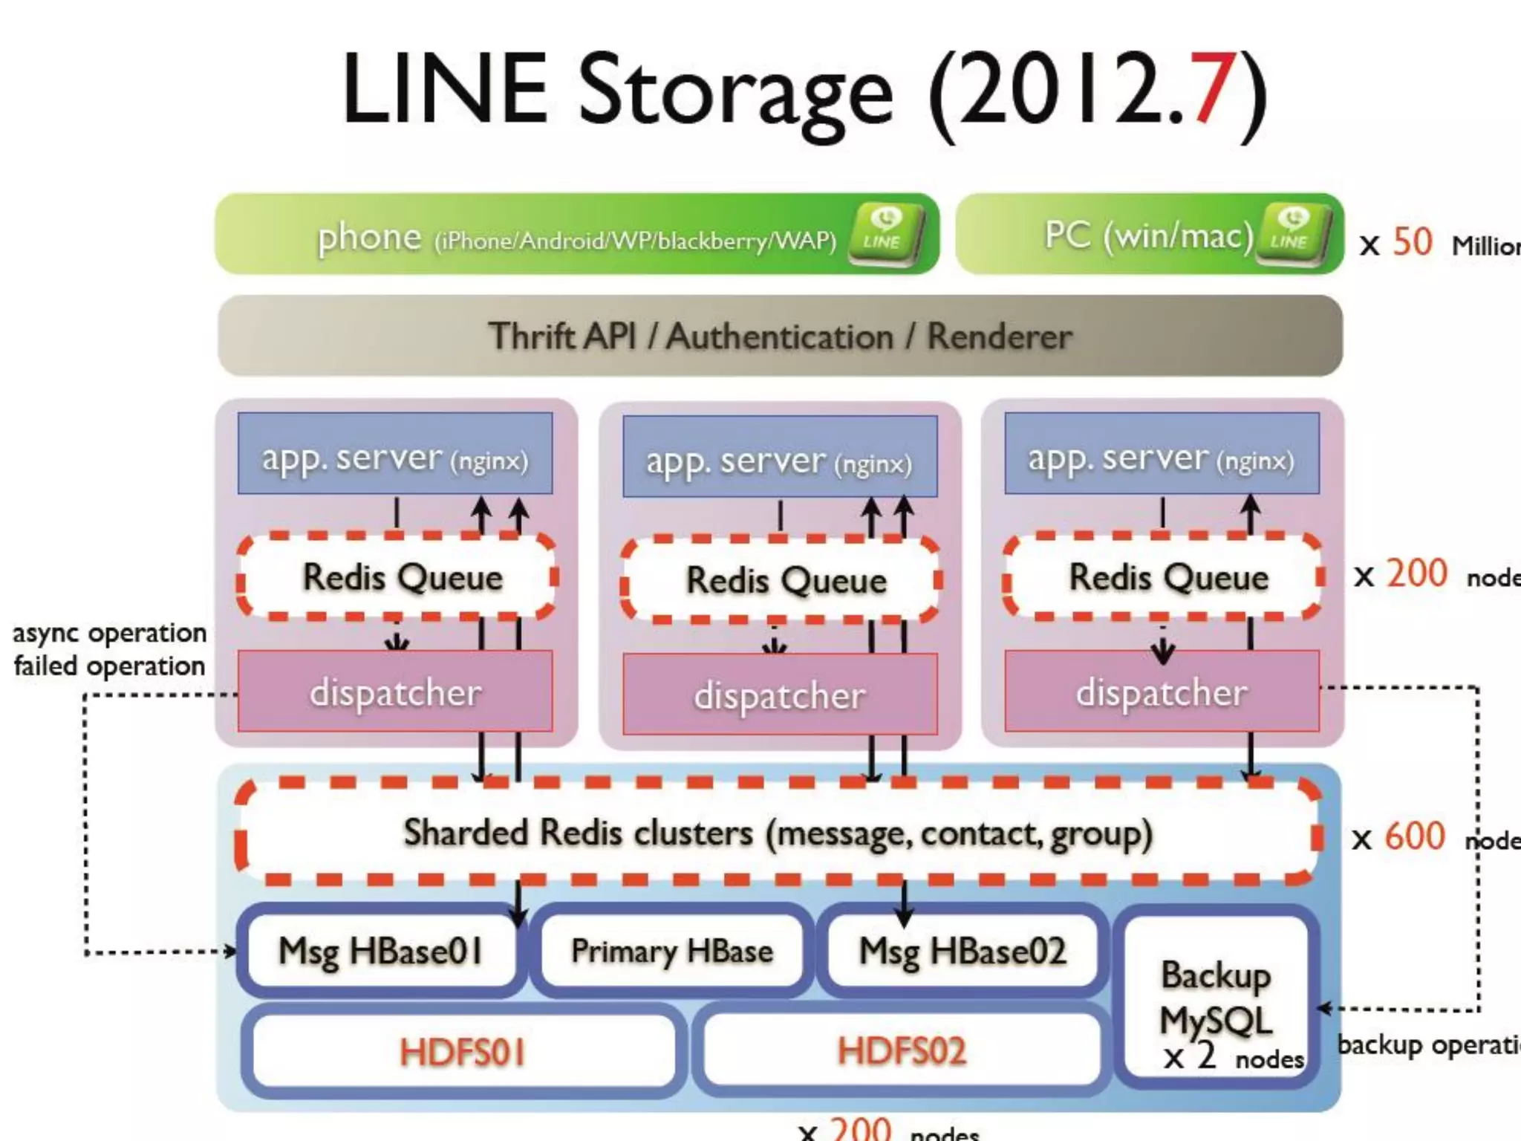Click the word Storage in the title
point(735,93)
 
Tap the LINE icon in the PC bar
point(1293,233)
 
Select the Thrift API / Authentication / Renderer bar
point(780,336)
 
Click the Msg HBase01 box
point(381,951)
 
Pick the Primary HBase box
point(671,951)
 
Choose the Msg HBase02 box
point(963,951)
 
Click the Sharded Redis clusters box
point(778,833)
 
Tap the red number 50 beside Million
point(1412,242)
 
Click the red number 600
point(1415,836)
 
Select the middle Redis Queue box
point(786,580)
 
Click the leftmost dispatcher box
point(395,692)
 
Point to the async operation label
point(110,634)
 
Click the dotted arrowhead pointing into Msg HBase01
point(231,952)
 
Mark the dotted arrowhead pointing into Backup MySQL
point(1323,1008)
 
